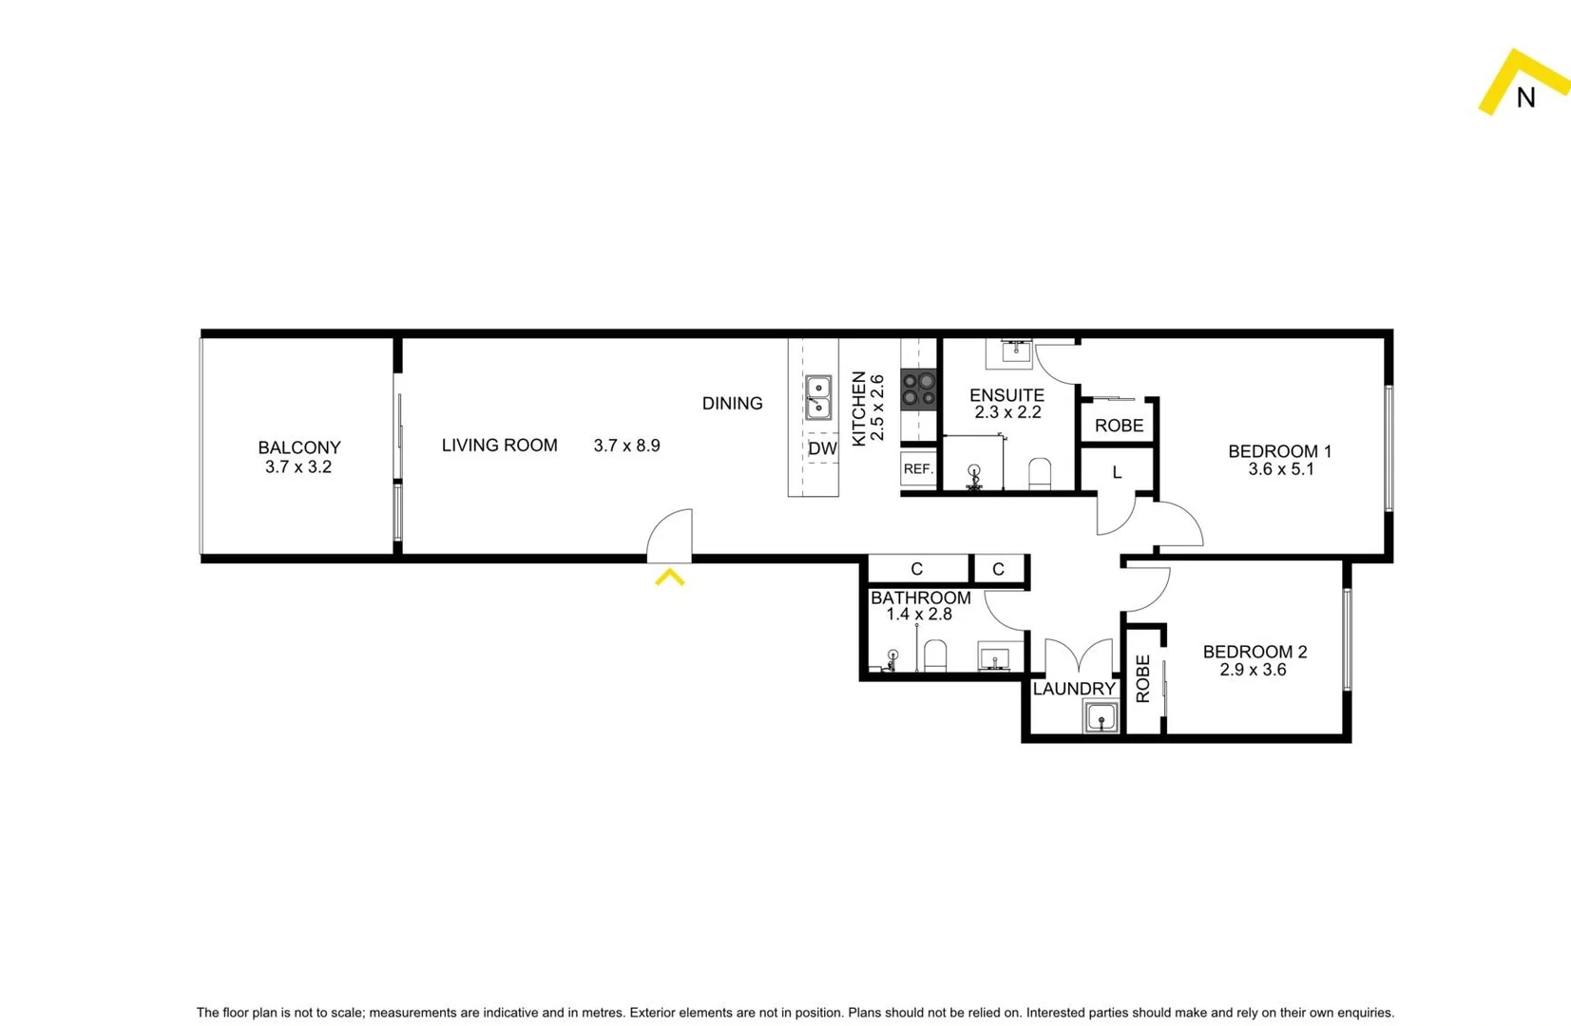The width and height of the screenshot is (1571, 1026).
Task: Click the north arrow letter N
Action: [1525, 98]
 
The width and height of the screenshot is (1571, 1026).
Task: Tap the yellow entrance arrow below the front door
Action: [670, 577]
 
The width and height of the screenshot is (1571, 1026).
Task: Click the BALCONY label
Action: [298, 447]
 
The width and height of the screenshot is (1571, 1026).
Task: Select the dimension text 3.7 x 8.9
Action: [626, 446]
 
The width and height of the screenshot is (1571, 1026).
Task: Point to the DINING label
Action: [732, 404]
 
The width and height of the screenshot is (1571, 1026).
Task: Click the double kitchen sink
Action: [818, 398]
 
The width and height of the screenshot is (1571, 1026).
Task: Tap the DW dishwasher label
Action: [822, 448]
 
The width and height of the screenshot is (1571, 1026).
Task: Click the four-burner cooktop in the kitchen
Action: [919, 389]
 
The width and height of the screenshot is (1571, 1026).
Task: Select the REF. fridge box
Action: [918, 469]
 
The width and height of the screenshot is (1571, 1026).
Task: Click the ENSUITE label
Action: [1006, 395]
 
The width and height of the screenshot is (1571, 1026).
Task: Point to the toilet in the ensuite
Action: [1040, 473]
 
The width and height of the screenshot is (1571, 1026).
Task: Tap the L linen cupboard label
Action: [1117, 472]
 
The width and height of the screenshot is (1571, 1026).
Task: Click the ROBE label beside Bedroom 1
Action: [1119, 426]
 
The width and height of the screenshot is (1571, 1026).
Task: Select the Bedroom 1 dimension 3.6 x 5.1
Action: [1280, 469]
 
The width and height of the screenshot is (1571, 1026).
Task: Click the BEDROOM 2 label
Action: [1255, 652]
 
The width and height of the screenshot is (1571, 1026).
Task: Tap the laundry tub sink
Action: [1101, 717]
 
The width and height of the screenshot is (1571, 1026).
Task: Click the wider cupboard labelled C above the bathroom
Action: [916, 569]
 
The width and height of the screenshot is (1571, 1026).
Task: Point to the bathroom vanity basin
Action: [995, 658]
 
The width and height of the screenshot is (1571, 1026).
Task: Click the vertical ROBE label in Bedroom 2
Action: [1142, 678]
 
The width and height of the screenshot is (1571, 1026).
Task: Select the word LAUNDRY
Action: [1074, 689]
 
